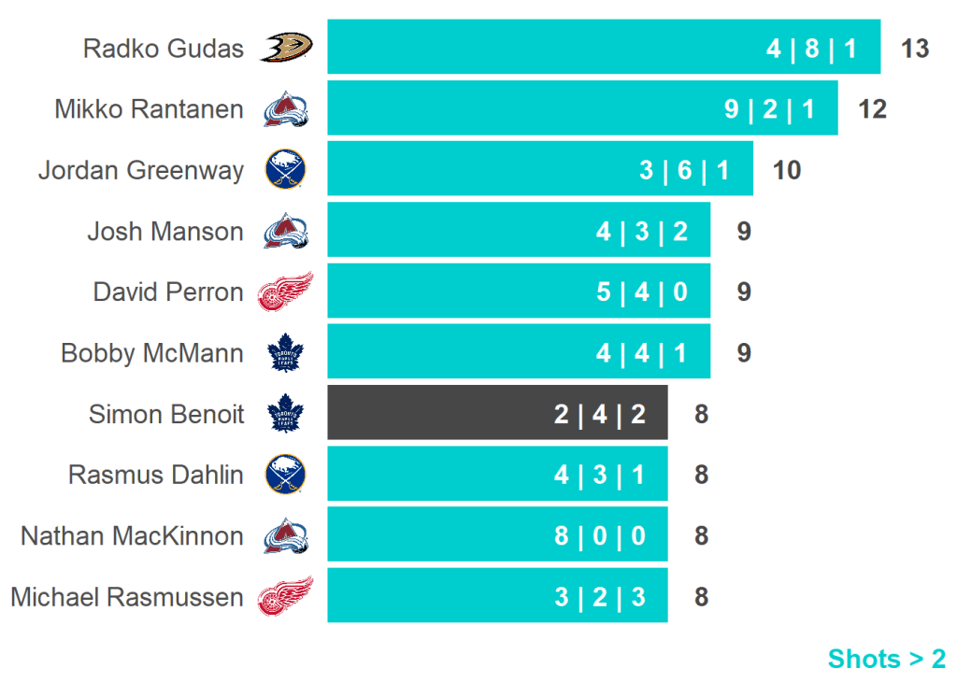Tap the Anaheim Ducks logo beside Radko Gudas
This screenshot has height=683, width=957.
point(286,47)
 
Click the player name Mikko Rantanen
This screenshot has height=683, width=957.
point(149,109)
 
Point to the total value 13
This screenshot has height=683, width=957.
point(915,49)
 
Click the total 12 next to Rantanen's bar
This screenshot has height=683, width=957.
point(872,109)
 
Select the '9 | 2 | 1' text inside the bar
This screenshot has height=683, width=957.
point(769,109)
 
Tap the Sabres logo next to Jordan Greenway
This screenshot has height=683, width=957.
point(286,170)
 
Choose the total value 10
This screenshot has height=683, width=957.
point(787,170)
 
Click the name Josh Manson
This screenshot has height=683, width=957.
point(164,231)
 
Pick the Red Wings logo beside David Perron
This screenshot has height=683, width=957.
point(286,292)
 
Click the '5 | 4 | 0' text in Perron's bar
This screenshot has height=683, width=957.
point(642,292)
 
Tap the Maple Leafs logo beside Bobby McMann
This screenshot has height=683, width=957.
point(286,353)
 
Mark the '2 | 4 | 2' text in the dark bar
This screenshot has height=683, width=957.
point(600,414)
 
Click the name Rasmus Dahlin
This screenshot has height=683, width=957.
point(155,475)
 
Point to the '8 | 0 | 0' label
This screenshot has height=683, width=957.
point(600,536)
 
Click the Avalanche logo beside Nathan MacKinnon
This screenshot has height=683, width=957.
point(286,535)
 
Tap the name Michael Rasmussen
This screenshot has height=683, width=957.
point(126,597)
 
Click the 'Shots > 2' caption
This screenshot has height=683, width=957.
point(886,659)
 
